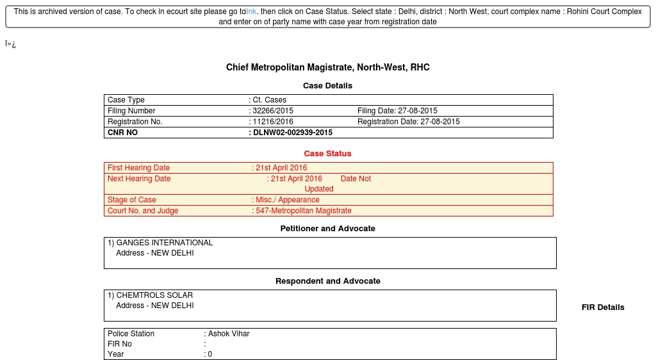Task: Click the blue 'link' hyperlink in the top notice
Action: point(251,12)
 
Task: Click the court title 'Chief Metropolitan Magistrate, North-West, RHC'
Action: point(327,67)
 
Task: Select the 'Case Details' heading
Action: point(327,86)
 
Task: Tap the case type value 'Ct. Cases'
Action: point(269,100)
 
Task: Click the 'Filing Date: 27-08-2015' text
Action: point(397,111)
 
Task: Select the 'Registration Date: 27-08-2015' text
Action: point(408,122)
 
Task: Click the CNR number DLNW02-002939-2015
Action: point(292,133)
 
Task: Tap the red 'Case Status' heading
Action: point(327,154)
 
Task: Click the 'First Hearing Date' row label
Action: point(138,168)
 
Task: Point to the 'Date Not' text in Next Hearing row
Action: point(356,179)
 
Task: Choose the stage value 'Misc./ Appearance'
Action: point(287,200)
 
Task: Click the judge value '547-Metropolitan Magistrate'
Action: point(303,211)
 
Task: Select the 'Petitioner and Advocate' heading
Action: point(327,229)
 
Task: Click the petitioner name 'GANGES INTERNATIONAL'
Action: point(164,243)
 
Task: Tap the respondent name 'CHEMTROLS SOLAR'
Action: point(154,295)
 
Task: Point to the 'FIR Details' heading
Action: point(603,307)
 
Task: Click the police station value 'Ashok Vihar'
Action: point(229,334)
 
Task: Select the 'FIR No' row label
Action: point(120,344)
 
